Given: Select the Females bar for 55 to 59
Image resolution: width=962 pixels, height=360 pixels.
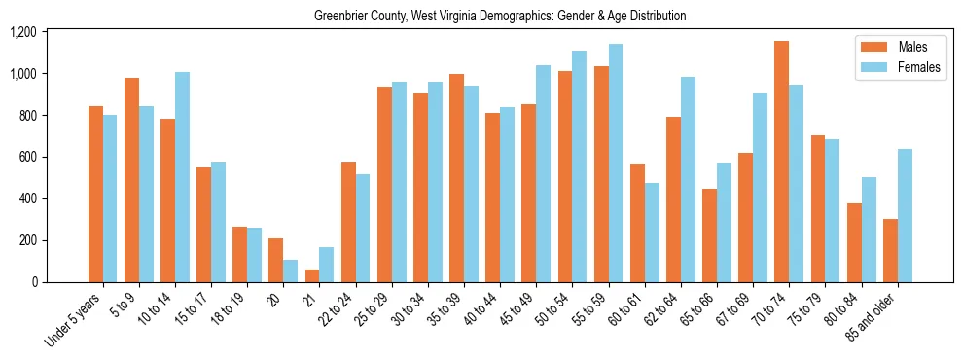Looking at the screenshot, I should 616,163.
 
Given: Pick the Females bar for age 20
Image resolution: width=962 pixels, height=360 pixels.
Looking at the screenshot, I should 290,270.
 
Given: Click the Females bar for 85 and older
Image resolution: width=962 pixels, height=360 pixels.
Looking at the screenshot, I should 905,215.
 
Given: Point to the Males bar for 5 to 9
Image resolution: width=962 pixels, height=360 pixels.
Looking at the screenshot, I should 131,180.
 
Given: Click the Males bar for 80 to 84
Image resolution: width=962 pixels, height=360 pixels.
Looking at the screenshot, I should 854,242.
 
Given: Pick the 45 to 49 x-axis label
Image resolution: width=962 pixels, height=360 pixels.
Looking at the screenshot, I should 516,308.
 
